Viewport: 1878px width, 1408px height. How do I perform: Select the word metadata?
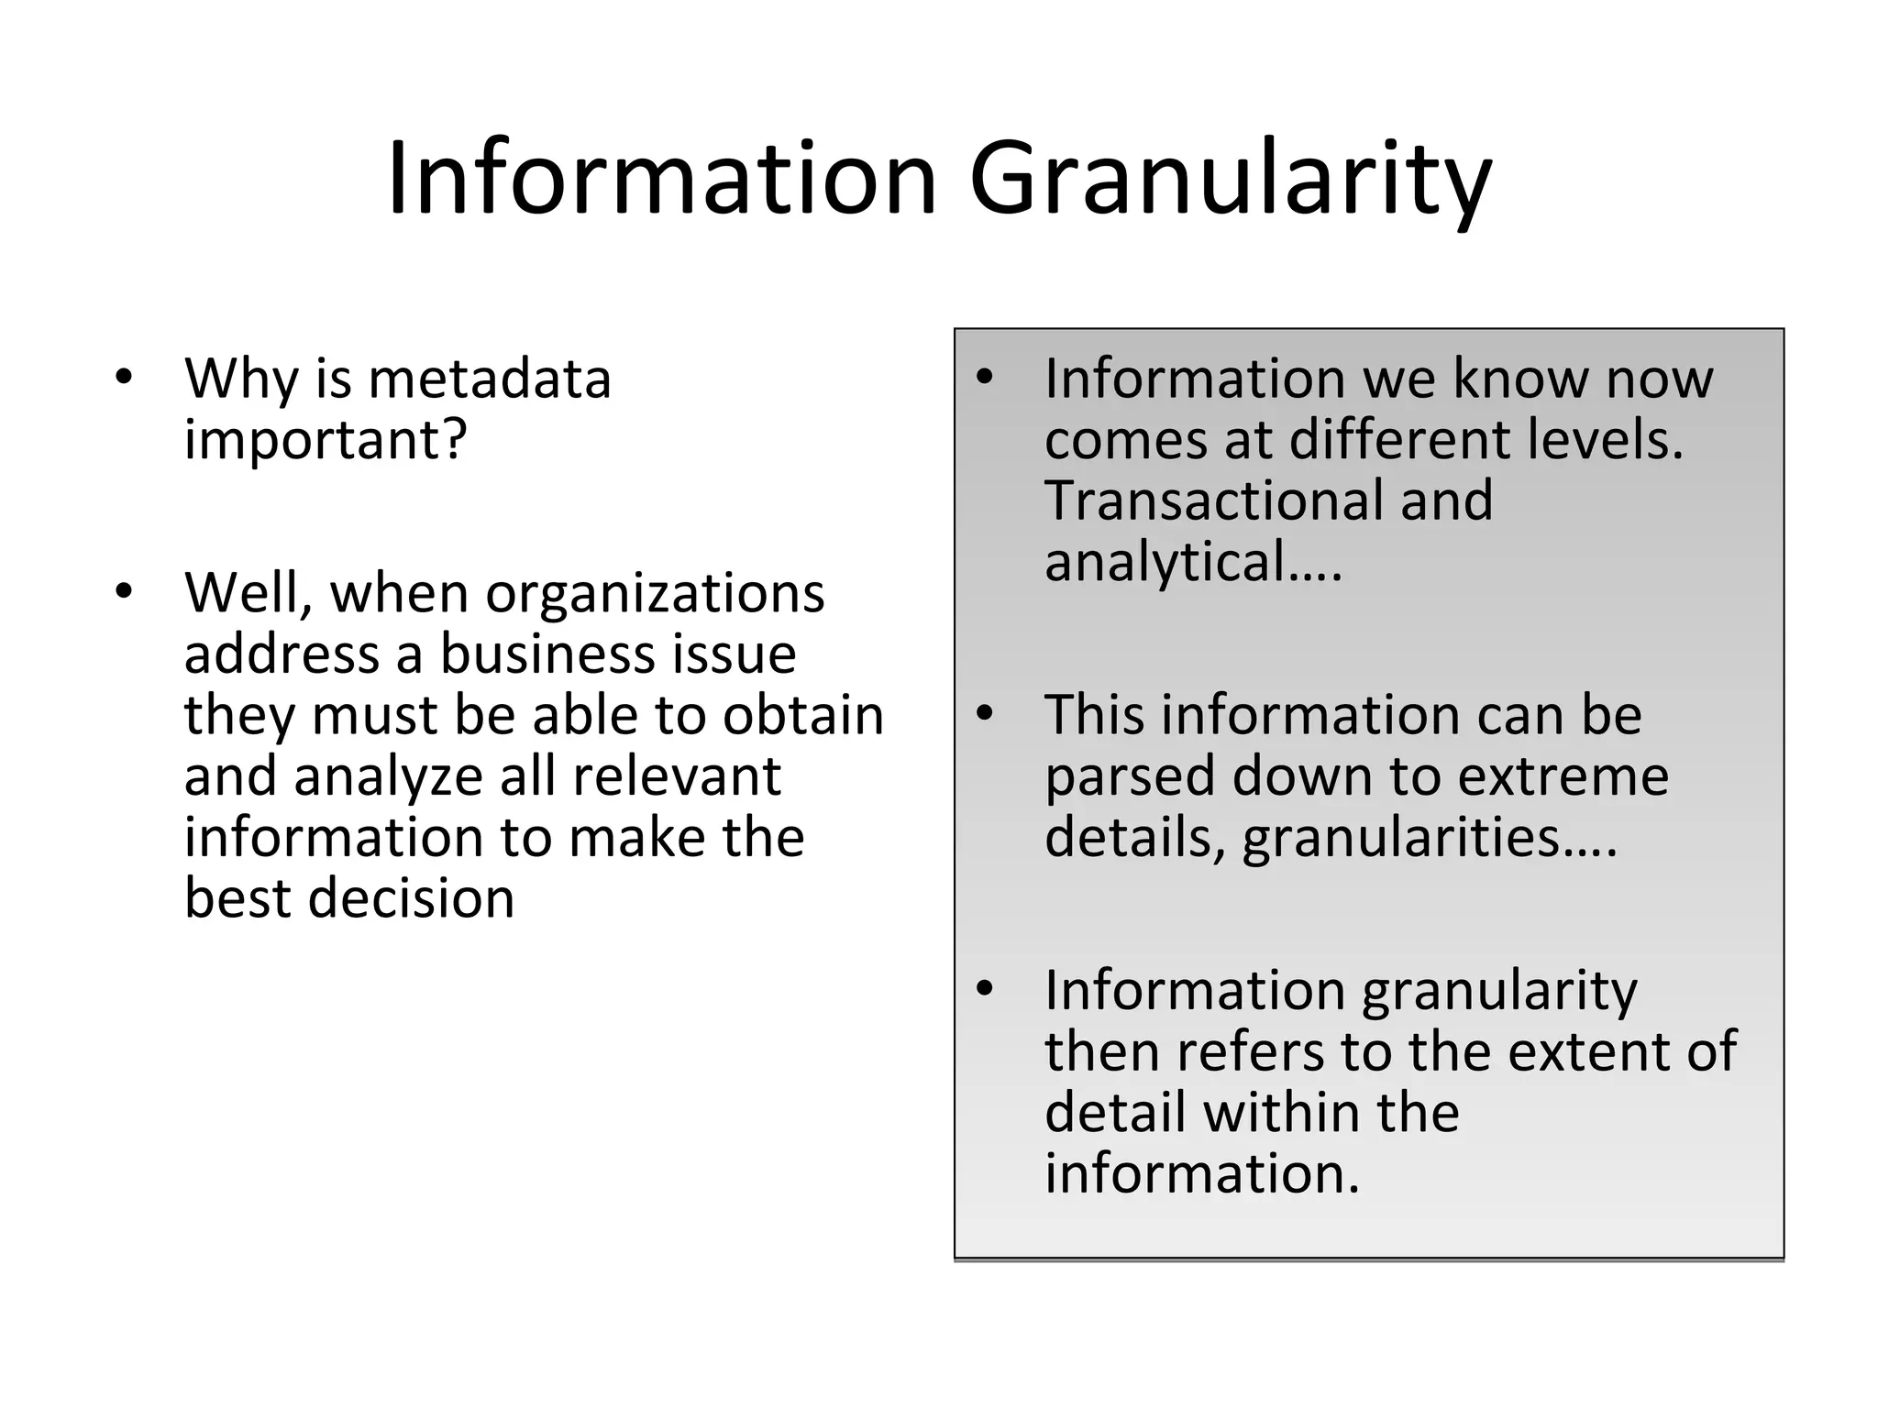pyautogui.click(x=490, y=379)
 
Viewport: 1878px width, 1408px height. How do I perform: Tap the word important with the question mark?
pyautogui.click(x=326, y=440)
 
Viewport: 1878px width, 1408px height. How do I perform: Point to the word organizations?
pyautogui.click(x=655, y=594)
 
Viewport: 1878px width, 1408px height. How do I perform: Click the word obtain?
pyautogui.click(x=803, y=716)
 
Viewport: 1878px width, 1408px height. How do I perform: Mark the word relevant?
pyautogui.click(x=677, y=777)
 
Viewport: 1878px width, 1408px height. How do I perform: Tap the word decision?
pyautogui.click(x=411, y=899)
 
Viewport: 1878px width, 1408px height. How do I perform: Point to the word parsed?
pyautogui.click(x=1130, y=777)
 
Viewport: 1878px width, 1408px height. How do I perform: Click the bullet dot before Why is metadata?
pyautogui.click(x=125, y=378)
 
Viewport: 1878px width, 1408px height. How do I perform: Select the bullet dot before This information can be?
pyautogui.click(x=985, y=714)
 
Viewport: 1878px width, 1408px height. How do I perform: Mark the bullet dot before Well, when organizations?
pyautogui.click(x=125, y=592)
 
